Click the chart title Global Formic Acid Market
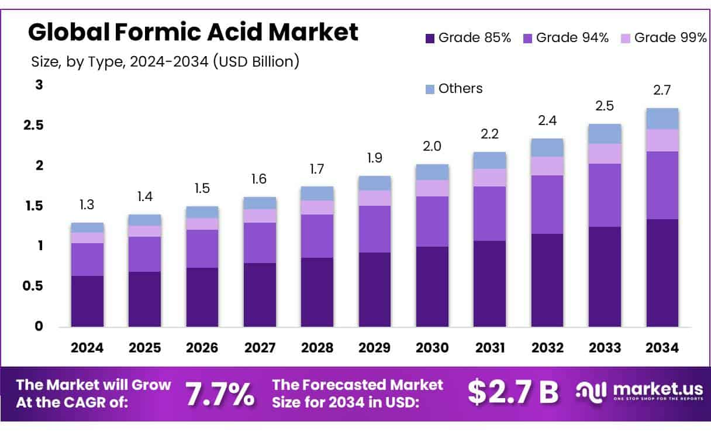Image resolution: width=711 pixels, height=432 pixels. tap(193, 32)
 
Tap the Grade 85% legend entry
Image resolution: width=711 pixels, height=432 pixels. tap(468, 38)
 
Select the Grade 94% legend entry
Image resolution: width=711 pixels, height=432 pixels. tap(565, 38)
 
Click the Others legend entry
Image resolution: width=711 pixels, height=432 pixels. tap(454, 88)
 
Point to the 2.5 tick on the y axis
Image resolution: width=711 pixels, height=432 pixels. tap(34, 125)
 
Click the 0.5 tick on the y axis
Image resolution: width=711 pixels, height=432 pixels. tap(34, 286)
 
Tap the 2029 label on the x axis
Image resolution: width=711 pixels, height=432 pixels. tap(374, 348)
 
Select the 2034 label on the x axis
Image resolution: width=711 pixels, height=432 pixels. tap(662, 348)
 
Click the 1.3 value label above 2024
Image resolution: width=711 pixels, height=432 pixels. tap(87, 205)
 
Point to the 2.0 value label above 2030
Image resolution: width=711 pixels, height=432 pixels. tap(432, 146)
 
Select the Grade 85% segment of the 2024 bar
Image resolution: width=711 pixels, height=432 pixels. tap(87, 301)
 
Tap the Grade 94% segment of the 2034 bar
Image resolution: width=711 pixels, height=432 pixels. tap(662, 185)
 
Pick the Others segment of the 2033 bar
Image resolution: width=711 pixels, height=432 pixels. tap(605, 134)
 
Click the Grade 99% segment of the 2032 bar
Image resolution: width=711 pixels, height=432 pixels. tap(547, 166)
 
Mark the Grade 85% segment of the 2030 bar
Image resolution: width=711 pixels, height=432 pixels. tap(432, 286)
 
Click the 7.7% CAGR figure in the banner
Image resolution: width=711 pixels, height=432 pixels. tap(220, 394)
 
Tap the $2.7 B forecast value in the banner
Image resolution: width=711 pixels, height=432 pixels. tap(512, 393)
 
